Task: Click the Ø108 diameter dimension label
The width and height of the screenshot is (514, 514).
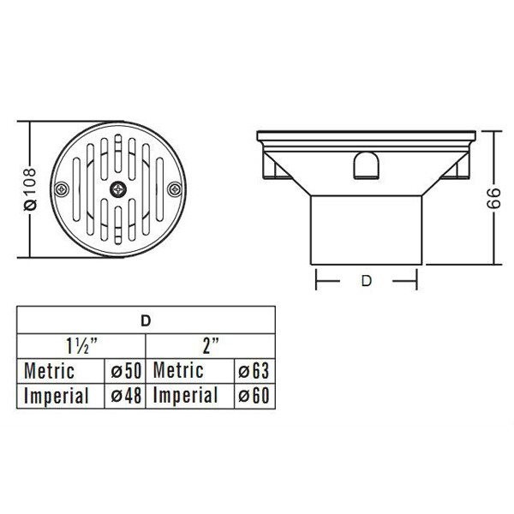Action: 31,189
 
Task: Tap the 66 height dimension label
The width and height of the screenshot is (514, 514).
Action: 494,198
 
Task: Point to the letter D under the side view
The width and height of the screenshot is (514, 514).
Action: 366,281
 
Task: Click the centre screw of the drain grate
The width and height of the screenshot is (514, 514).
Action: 118,189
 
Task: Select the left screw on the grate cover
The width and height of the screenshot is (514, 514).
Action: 62,189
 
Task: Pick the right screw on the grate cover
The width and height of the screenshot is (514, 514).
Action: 175,189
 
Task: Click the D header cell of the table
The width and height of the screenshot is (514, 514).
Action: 146,321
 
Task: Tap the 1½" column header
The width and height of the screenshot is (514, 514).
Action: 82,346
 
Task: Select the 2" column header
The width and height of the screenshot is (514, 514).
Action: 211,346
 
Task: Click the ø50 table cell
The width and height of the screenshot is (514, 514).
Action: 126,372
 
